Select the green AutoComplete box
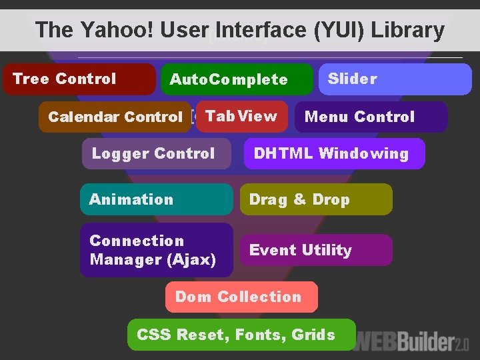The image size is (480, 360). pos(237,79)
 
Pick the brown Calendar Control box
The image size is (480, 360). pos(115,117)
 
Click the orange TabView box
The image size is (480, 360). pos(241,117)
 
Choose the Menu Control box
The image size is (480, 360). pos(371,117)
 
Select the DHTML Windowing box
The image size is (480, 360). pos(334,153)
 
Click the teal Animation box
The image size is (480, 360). pos(156,199)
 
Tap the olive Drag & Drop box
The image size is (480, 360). pos(316,199)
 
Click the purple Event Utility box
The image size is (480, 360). pos(316,250)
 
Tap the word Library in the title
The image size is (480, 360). pos(407,30)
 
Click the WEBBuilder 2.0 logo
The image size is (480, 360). pos(413,343)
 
